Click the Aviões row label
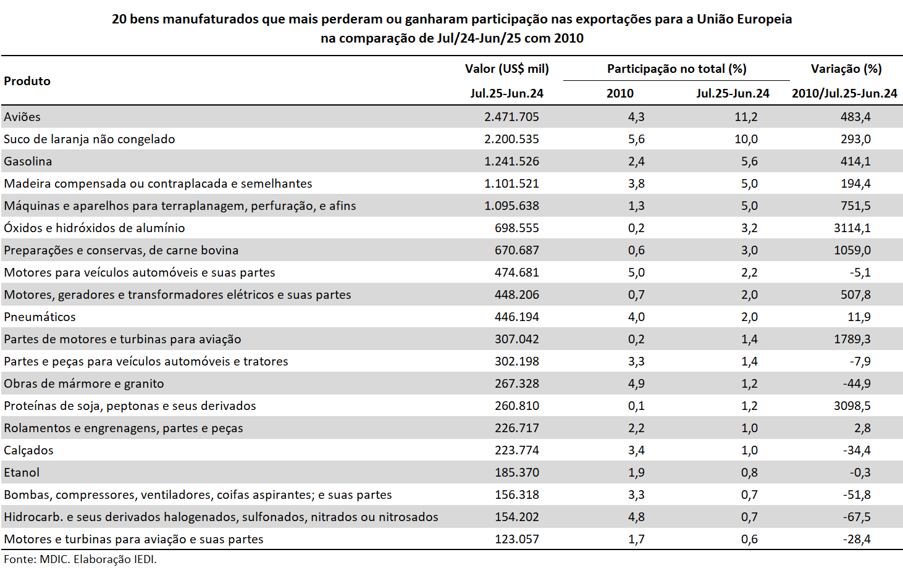[x=22, y=117]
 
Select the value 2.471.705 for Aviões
[x=511, y=117]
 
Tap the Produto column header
[x=27, y=81]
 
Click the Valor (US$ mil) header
[x=506, y=69]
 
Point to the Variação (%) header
[x=846, y=69]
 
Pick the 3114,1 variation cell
[x=852, y=228]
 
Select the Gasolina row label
[x=28, y=161]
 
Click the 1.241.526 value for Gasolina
[x=511, y=161]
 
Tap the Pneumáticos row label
[x=40, y=317]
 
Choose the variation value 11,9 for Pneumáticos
[x=859, y=317]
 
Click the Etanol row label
[x=22, y=472]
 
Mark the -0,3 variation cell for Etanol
[x=860, y=472]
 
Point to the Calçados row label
[x=28, y=450]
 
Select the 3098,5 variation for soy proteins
[x=852, y=406]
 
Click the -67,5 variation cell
[x=857, y=517]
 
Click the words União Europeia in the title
[x=744, y=19]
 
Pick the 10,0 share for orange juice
[x=745, y=139]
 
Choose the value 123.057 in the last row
[x=517, y=539]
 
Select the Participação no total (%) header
[x=677, y=69]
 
